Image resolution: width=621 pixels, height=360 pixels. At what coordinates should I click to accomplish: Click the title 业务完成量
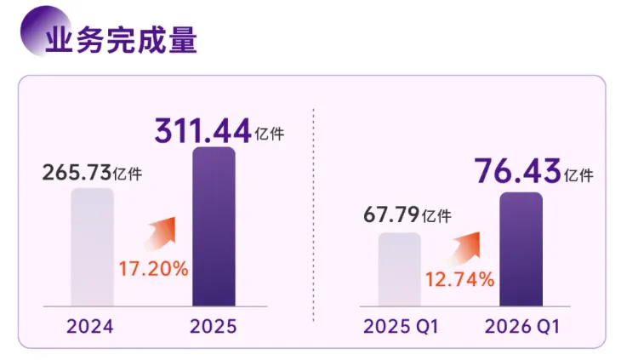click(121, 40)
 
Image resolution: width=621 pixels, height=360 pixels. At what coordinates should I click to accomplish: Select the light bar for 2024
click(92, 247)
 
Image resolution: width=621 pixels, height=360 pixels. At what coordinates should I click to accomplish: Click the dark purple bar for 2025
click(214, 226)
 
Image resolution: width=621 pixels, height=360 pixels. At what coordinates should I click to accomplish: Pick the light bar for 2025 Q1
click(400, 269)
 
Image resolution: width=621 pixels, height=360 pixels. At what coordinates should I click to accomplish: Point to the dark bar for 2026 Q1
click(521, 249)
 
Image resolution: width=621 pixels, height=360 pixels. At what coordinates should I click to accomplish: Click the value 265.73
click(77, 173)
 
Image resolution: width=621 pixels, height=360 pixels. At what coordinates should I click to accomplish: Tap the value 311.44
click(202, 130)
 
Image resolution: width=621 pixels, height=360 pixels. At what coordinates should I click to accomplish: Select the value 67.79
click(391, 214)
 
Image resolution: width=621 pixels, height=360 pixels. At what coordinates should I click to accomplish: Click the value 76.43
click(518, 171)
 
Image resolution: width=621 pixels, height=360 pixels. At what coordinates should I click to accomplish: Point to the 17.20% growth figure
click(154, 269)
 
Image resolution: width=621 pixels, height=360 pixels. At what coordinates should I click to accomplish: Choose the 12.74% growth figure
click(460, 280)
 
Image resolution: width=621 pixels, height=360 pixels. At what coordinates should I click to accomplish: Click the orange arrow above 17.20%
click(161, 233)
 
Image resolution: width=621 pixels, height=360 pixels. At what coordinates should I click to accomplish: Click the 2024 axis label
click(90, 327)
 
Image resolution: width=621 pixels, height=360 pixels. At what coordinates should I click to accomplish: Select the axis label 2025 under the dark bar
click(214, 327)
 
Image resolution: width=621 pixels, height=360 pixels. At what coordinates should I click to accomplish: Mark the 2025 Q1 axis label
click(401, 327)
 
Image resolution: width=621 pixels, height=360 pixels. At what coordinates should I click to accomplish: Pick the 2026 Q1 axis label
click(522, 327)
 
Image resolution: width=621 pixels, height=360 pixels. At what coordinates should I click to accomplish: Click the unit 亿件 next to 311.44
click(270, 134)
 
